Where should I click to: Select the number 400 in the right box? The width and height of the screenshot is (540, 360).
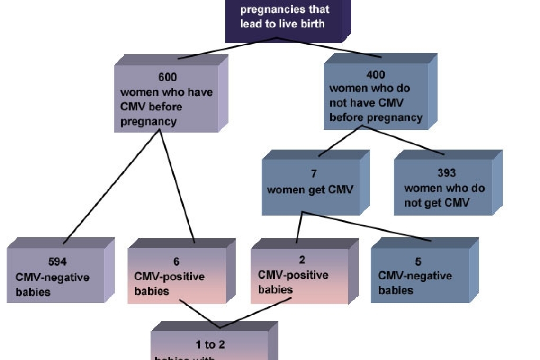click(x=375, y=74)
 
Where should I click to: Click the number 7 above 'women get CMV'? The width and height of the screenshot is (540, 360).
click(x=314, y=175)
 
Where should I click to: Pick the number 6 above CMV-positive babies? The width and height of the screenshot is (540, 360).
click(x=176, y=261)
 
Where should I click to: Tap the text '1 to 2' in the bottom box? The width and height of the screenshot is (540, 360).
click(x=210, y=344)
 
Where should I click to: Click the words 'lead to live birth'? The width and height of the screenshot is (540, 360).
click(x=282, y=24)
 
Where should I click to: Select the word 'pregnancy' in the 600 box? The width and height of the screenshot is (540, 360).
click(x=148, y=122)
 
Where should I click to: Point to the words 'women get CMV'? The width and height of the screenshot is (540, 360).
click(x=310, y=190)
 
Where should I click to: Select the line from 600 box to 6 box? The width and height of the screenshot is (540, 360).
click(x=177, y=185)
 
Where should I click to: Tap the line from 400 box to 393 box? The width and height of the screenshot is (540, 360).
click(x=403, y=140)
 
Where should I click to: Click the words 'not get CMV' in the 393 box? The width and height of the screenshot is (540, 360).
click(x=436, y=203)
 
